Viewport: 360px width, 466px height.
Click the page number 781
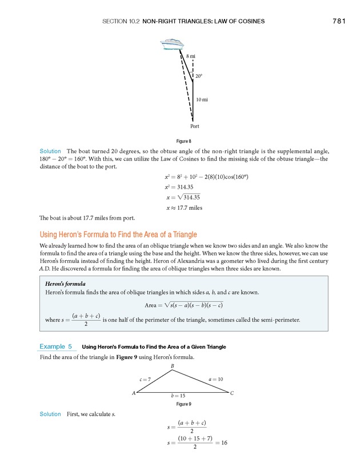(339, 22)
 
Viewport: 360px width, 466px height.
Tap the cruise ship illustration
(171, 45)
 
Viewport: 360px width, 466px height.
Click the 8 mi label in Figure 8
(191, 56)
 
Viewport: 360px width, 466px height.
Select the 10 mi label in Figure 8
(202, 100)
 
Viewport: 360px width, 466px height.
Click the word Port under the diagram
(194, 126)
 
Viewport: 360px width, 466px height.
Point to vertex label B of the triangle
(172, 365)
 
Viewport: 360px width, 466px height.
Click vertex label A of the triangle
(134, 393)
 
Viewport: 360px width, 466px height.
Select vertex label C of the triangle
(232, 393)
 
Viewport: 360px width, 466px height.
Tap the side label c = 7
(145, 379)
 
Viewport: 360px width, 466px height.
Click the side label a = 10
(215, 379)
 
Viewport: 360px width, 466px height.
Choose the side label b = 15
(178, 396)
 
